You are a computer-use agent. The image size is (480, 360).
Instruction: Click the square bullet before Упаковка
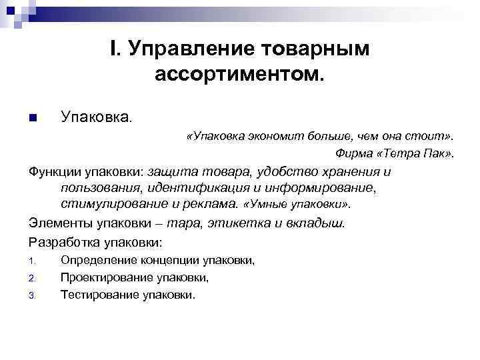click(x=33, y=118)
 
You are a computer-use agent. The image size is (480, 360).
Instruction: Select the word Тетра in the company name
click(x=401, y=154)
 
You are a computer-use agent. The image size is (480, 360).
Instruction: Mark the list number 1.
click(x=32, y=261)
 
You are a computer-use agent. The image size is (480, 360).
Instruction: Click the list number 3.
click(x=32, y=295)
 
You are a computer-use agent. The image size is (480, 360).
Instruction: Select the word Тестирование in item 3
click(x=100, y=294)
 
